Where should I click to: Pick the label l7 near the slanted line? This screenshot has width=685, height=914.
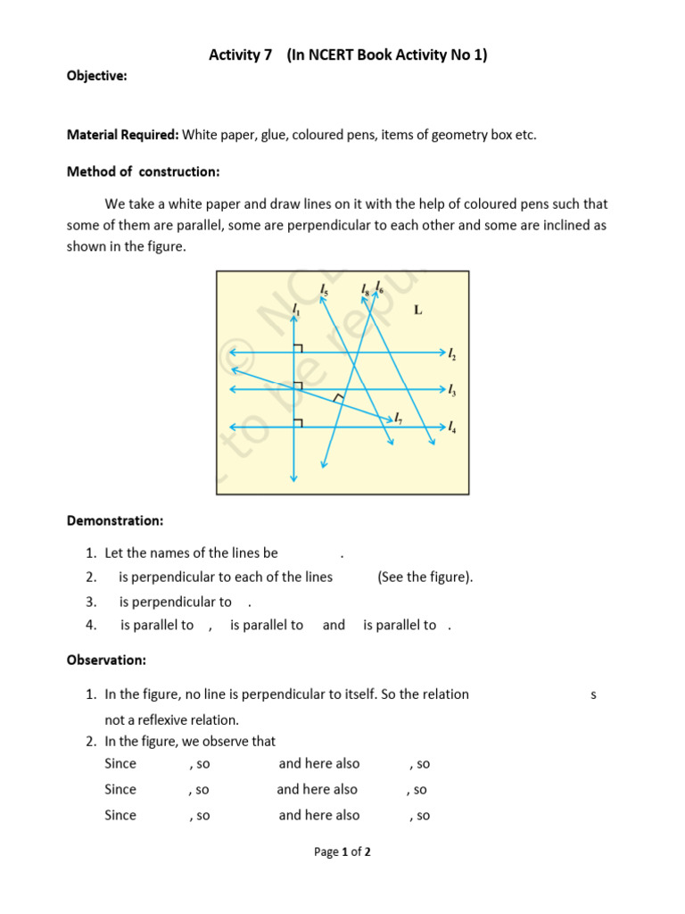coord(399,419)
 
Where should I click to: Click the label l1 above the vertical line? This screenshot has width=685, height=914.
coord(295,309)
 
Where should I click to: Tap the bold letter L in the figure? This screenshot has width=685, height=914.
coord(418,310)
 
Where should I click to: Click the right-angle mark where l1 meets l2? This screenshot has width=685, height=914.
coord(298,348)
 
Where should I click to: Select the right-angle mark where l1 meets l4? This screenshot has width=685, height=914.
coord(298,421)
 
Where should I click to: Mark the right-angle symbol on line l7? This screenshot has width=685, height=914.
coord(337,398)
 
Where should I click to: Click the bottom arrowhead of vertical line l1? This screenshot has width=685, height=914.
coord(293,479)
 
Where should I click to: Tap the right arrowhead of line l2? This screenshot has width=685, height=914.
coord(441,353)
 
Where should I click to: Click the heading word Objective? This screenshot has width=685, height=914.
coord(96,76)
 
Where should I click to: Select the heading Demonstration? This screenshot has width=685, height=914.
coord(115,519)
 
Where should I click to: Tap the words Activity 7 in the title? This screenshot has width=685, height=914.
coord(241,55)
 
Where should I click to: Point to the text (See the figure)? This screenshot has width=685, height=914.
coord(425,577)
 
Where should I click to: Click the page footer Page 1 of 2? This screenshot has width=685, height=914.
coord(342,852)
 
